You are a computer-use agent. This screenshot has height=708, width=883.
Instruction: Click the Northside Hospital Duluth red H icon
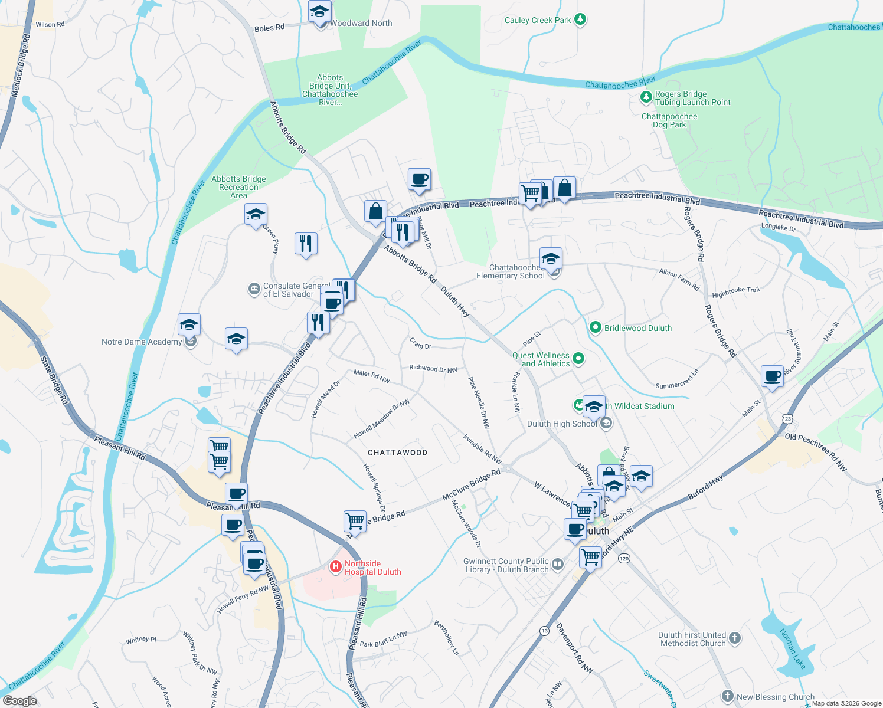coord(335,567)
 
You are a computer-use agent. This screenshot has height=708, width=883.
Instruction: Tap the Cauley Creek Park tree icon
coord(580,20)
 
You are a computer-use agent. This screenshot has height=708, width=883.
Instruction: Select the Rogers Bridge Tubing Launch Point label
coord(692,98)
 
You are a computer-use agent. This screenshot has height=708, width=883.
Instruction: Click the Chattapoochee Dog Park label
coord(669,120)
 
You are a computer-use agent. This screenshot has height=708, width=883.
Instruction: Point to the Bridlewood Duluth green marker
coord(596,327)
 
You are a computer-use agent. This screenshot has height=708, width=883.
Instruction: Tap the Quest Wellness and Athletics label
coord(541,359)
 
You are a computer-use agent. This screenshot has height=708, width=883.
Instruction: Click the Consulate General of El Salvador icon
coord(254,289)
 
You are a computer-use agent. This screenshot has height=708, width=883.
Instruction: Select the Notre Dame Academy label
coord(142,342)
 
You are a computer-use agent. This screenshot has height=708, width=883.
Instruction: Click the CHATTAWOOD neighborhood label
coord(397,453)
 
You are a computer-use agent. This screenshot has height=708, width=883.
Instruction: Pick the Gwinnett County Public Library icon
coord(557,565)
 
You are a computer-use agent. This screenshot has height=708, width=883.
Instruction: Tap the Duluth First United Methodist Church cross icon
coord(734,638)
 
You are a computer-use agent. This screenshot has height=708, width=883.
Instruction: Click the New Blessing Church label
coord(775,697)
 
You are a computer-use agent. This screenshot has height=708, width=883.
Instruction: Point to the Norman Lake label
coord(792,648)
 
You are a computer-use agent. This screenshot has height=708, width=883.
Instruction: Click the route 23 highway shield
coord(788,419)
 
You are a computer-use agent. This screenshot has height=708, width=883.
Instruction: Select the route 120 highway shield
coord(624,558)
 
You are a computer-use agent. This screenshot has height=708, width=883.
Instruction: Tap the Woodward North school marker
coord(320,12)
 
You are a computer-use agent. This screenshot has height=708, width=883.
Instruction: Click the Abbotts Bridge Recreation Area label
coord(238,187)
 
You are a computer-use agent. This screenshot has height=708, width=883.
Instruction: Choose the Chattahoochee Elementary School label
coord(510,271)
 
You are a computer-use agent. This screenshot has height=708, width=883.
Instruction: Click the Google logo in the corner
coord(19,700)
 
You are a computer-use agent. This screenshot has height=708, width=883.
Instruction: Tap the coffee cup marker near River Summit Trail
coord(772,376)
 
